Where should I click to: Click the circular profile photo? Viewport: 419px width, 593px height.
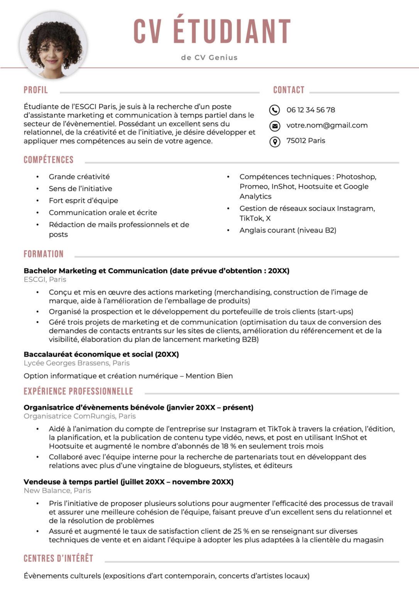(x=53, y=45)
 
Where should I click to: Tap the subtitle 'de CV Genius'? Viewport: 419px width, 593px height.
(x=209, y=58)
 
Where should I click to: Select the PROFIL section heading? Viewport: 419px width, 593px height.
(x=36, y=90)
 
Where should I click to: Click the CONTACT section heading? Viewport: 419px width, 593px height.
(x=289, y=90)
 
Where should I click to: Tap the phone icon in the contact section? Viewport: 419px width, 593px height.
(x=274, y=110)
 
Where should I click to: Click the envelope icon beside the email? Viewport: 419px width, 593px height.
(x=274, y=125)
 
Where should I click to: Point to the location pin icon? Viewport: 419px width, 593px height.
(x=274, y=142)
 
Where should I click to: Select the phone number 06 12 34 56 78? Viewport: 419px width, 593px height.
(x=311, y=110)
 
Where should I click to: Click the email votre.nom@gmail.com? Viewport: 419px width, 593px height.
(x=327, y=125)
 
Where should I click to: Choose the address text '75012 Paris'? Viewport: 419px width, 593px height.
(x=306, y=141)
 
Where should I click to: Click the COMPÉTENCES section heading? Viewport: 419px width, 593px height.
(x=49, y=160)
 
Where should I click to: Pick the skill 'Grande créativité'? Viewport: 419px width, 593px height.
(x=79, y=177)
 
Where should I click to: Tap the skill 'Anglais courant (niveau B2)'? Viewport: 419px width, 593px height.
(x=288, y=230)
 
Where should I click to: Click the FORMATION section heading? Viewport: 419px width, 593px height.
(x=44, y=254)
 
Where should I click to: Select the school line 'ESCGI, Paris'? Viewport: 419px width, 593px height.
(x=45, y=280)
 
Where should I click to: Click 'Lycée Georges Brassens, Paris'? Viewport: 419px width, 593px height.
(x=76, y=363)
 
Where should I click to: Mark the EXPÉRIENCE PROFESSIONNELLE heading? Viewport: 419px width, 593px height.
(x=78, y=391)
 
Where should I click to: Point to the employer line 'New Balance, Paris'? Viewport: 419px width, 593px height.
(x=57, y=491)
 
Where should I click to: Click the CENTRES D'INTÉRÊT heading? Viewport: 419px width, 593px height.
(x=58, y=559)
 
